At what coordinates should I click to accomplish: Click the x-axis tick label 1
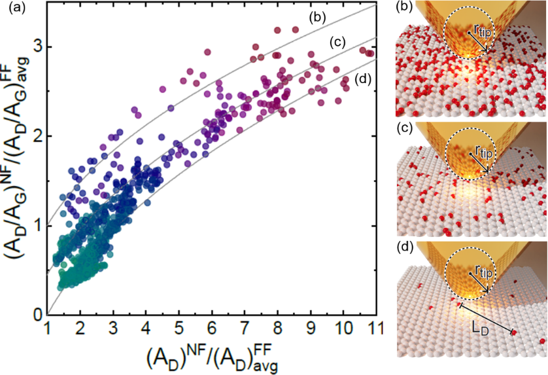click(47, 327)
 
